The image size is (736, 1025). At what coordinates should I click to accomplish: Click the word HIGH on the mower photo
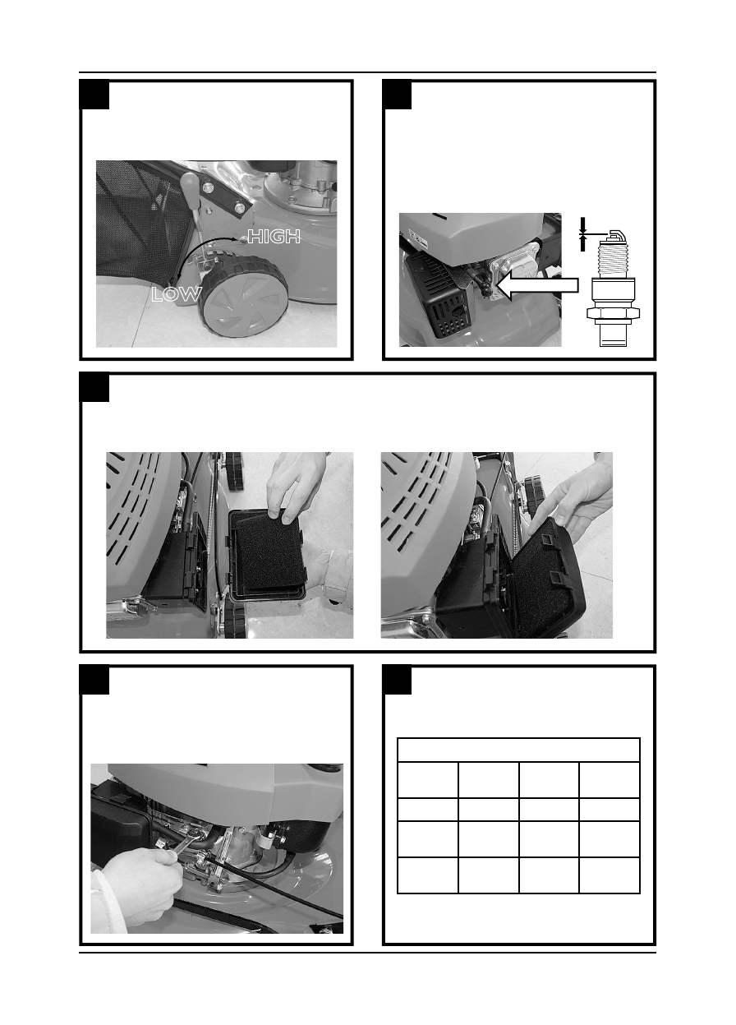pyautogui.click(x=274, y=236)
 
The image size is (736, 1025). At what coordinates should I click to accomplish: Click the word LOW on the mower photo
pyautogui.click(x=176, y=293)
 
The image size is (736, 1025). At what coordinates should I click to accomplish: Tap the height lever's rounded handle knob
pyautogui.click(x=188, y=184)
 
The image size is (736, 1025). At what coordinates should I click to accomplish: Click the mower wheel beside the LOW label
pyautogui.click(x=245, y=297)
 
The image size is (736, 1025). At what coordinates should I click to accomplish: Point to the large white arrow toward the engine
pyautogui.click(x=537, y=285)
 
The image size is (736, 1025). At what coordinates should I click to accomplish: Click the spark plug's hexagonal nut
pyautogui.click(x=613, y=313)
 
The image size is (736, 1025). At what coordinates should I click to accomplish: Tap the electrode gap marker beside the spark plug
pyautogui.click(x=582, y=233)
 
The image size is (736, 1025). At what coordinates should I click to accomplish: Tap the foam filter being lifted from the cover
pyautogui.click(x=270, y=552)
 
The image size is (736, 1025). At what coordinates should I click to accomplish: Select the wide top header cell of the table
pyautogui.click(x=518, y=750)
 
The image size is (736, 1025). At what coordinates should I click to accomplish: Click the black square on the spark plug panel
pyautogui.click(x=397, y=95)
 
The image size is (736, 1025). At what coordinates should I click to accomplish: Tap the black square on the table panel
pyautogui.click(x=397, y=680)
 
